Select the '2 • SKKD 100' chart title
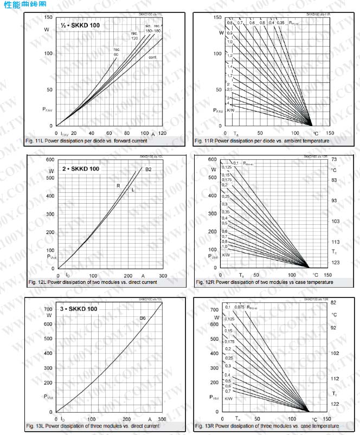[x=81, y=168]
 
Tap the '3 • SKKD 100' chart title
[x=79, y=309]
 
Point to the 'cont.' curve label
[x=153, y=57]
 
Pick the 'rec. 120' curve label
[x=134, y=36]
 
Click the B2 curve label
[x=148, y=170]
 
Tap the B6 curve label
[x=143, y=318]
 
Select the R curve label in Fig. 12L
[x=118, y=186]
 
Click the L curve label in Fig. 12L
[x=133, y=189]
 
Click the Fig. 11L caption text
[x=86, y=141]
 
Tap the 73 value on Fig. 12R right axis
[x=334, y=160]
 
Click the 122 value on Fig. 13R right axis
[x=335, y=404]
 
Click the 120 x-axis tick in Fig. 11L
[x=162, y=133]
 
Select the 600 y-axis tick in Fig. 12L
[x=50, y=160]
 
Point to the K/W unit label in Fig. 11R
[x=230, y=110]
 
